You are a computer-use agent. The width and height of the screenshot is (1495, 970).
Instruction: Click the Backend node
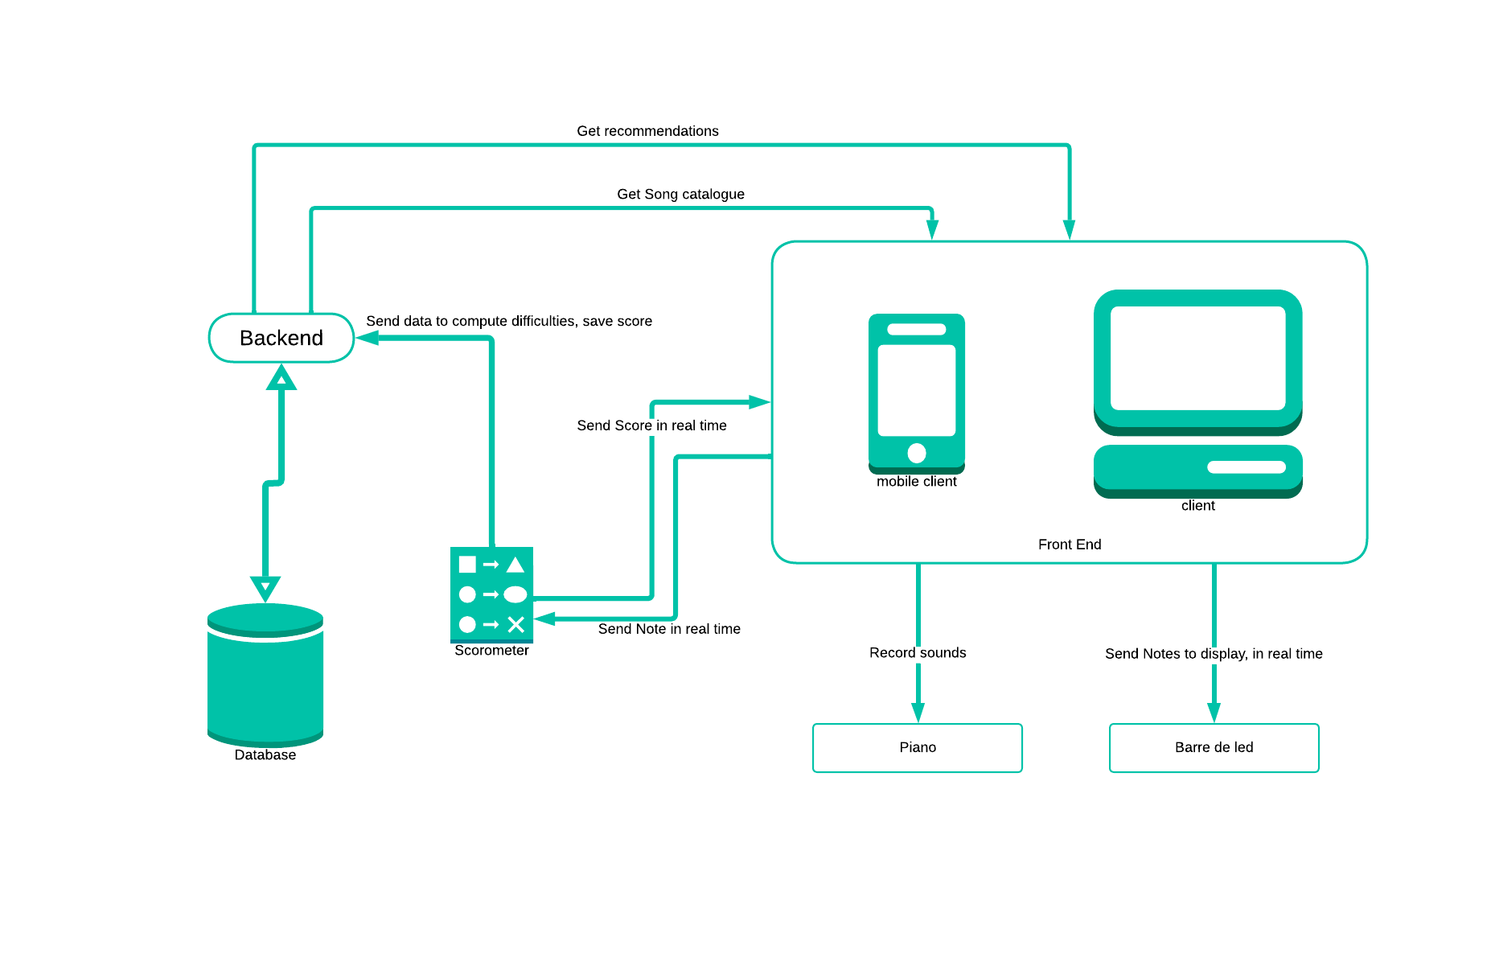(x=281, y=338)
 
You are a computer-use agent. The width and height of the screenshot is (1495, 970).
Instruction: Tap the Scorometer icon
(x=491, y=594)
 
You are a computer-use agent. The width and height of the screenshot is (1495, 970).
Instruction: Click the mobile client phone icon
(x=917, y=392)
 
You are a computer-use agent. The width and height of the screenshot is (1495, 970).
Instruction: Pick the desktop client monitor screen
(x=1197, y=359)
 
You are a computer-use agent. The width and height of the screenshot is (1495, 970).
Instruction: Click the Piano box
(x=918, y=748)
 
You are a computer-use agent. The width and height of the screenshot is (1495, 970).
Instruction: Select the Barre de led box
(x=1214, y=748)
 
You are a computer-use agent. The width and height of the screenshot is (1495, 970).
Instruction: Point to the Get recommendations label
(x=647, y=131)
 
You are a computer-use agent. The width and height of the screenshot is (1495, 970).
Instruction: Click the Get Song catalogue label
(x=680, y=194)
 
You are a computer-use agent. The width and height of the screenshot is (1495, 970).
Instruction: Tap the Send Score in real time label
(x=651, y=425)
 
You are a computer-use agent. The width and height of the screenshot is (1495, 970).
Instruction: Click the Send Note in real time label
(x=669, y=629)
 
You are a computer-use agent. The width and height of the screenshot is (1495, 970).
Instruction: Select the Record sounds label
(x=918, y=653)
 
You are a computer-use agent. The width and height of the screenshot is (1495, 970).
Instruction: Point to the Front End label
(x=1070, y=545)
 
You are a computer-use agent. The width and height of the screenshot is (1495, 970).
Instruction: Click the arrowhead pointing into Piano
(x=918, y=713)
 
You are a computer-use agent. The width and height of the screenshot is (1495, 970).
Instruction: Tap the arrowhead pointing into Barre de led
(x=1214, y=713)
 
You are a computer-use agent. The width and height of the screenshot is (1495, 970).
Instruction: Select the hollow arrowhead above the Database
(x=265, y=588)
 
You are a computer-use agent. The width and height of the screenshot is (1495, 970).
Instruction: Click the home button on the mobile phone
(x=917, y=453)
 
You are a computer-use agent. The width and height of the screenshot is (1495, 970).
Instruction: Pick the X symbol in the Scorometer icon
(x=516, y=624)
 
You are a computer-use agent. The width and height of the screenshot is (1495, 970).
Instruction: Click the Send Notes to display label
(x=1214, y=654)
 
